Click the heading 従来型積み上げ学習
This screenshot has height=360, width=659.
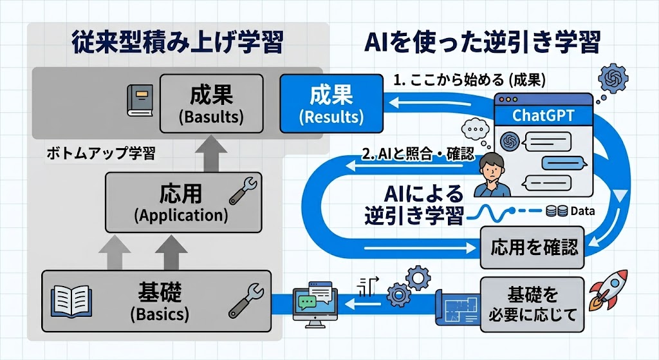coord(178,44)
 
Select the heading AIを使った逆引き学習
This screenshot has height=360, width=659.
coord(483,44)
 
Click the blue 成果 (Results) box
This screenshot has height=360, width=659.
coord(331,103)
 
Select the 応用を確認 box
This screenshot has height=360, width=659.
coord(533,247)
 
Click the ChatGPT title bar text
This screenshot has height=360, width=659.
coord(543,116)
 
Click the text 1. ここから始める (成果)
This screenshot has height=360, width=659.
coord(469,81)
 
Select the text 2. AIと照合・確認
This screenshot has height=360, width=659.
coord(418,155)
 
